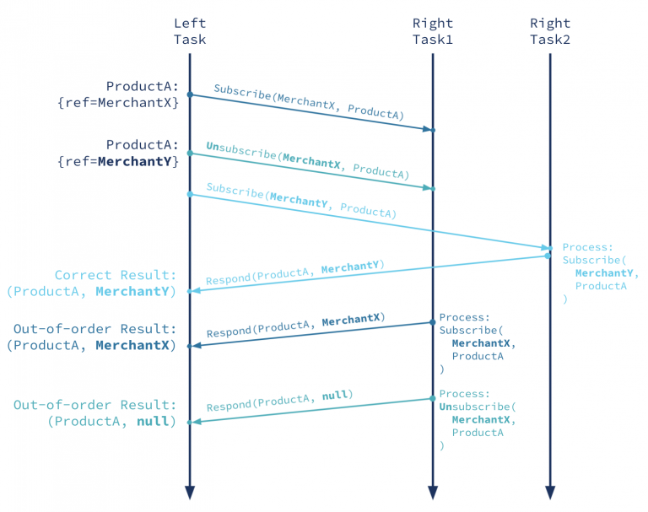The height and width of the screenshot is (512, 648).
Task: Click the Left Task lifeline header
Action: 189,31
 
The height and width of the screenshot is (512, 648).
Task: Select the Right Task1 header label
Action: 432,31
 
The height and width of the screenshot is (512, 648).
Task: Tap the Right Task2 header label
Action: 550,31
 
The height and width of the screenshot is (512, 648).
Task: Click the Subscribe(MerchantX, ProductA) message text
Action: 309,101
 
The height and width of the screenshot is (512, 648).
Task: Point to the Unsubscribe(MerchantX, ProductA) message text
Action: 307,160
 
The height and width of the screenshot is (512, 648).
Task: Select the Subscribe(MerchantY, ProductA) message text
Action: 301,201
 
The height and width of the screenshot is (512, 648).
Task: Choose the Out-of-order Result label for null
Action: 95,412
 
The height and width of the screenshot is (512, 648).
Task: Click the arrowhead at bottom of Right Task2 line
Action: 550,492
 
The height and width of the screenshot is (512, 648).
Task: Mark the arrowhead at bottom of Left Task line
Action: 189,492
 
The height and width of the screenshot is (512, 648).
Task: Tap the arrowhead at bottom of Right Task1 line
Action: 432,492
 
